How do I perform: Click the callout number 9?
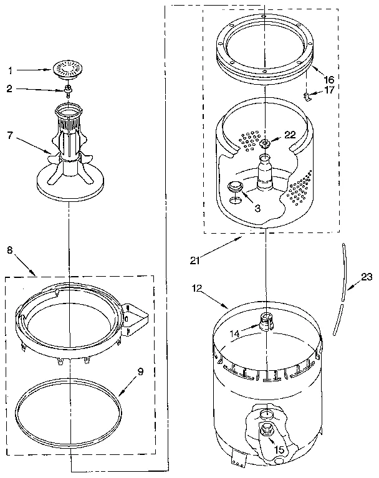coord(140,373)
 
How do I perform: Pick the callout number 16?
coord(329,80)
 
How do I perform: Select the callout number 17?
coord(329,90)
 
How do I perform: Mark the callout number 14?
coord(233,333)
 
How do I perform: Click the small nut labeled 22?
coord(266,144)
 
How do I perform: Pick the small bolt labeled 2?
coord(67,92)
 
